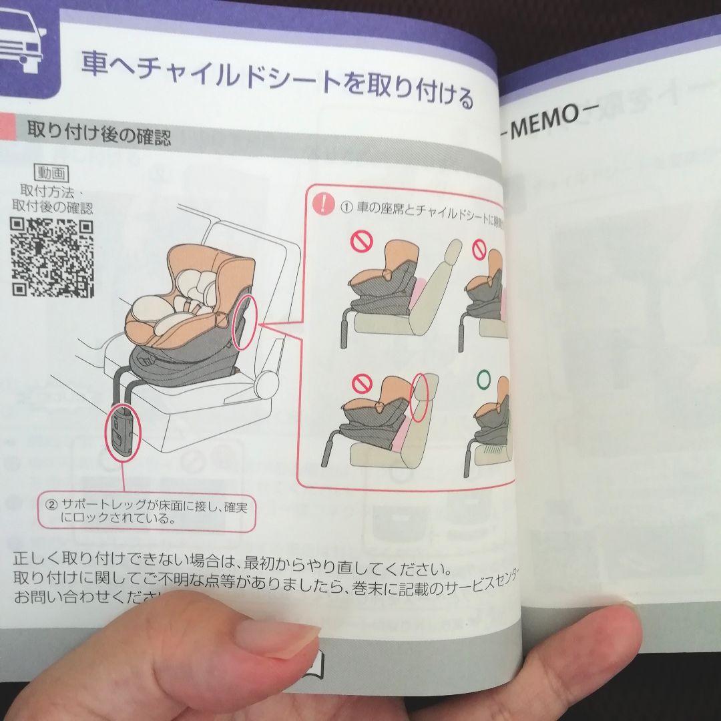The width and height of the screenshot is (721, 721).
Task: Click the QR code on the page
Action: pos(53,257)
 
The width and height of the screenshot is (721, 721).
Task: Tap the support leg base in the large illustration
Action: pos(125,434)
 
